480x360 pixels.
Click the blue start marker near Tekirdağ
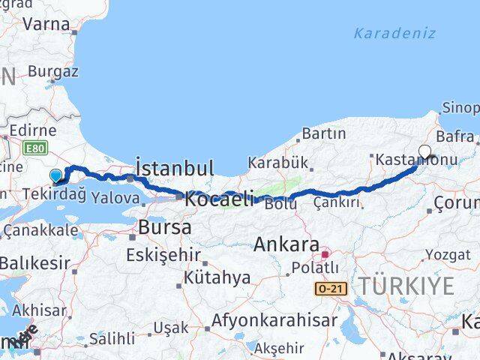56,177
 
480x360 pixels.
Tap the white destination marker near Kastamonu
425,151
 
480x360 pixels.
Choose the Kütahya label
220,277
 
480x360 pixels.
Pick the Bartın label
323,134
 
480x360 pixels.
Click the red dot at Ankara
324,254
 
